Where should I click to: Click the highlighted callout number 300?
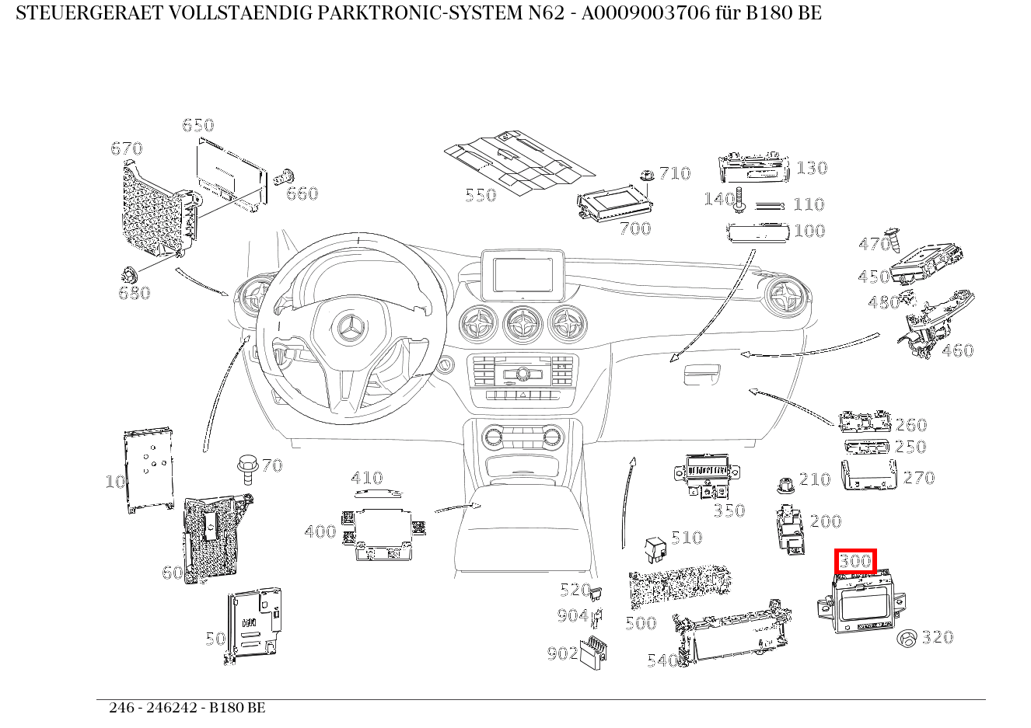[855, 561]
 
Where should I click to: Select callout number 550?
[481, 195]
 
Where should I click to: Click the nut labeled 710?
[645, 176]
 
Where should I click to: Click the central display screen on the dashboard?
[522, 274]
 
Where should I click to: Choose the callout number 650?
[197, 125]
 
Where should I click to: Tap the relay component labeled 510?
[654, 549]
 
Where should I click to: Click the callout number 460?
[957, 350]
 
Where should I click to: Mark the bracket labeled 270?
[869, 475]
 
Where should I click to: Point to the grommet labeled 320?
[907, 639]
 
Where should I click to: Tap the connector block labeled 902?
[597, 651]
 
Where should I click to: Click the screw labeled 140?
[739, 200]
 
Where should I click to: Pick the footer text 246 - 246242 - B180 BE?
[187, 708]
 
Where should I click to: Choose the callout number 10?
[115, 482]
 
